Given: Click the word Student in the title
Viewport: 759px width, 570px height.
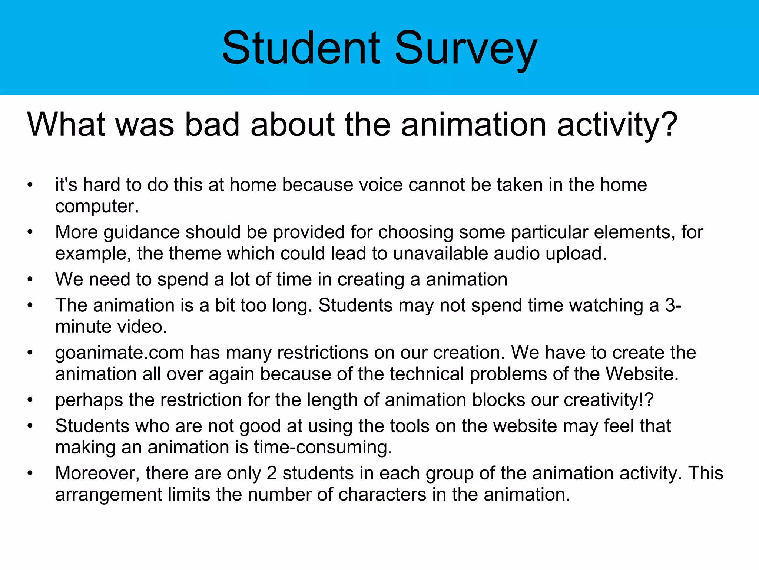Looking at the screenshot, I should pos(301,48).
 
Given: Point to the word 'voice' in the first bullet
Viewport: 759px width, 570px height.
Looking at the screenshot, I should pos(378,185).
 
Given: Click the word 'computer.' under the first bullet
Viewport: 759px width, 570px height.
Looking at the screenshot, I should pos(97,206).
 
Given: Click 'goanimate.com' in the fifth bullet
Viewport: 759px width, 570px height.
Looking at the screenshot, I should pos(119,353).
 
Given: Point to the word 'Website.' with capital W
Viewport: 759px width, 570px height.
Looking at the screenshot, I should pos(642,374).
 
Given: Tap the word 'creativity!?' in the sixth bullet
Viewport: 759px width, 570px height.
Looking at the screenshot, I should pos(609,400).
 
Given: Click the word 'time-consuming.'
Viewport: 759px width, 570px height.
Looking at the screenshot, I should pos(323,448).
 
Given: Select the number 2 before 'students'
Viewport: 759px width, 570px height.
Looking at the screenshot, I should pos(272,474).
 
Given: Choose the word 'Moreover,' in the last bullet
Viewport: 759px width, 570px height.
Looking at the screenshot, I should pos(97,474).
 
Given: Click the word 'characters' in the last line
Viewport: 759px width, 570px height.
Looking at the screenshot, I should pos(382,495).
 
